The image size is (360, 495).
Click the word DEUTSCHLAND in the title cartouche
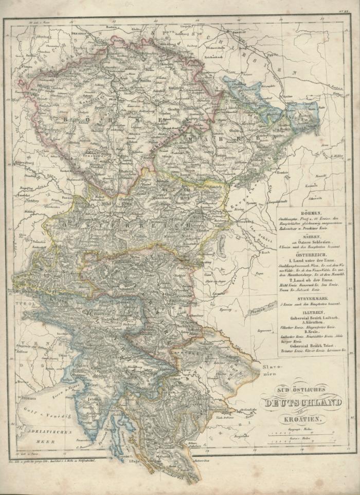point(302,403)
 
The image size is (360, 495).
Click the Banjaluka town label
point(240,436)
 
